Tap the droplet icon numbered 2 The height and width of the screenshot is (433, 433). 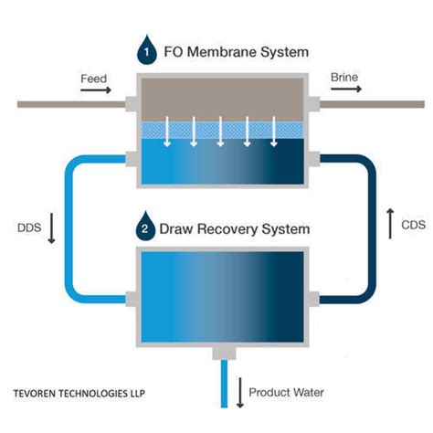coord(145,226)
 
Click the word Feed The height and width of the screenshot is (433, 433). coord(94,79)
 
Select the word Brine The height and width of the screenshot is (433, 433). coord(344,78)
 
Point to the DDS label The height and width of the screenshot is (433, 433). coord(29,227)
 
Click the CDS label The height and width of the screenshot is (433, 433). coord(414,225)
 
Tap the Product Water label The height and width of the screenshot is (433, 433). coord(286,392)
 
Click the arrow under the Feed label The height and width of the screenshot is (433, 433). coord(96,90)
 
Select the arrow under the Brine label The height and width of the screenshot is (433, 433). coord(346,89)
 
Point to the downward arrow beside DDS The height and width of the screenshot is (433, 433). coord(51,228)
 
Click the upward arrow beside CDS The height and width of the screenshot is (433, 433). coord(390,224)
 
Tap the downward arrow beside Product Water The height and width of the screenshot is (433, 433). coord(240,393)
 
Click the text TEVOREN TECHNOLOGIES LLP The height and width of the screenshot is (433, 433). coord(79,394)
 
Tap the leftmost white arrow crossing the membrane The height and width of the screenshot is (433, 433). coord(167,132)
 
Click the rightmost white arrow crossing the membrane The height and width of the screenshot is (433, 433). coord(274,132)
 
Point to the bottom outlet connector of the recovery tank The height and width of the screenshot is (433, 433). coord(224,354)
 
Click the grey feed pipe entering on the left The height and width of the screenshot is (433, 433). coord(71,104)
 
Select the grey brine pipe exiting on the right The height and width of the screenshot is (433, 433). coord(372,104)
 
